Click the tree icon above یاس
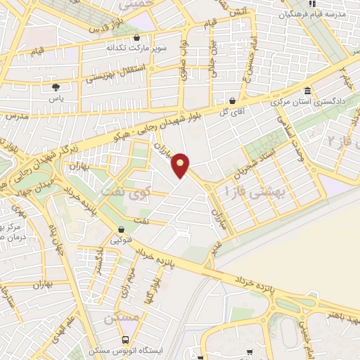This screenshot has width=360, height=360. click(x=55, y=87)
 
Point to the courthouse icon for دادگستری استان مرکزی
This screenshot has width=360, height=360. click(x=308, y=91)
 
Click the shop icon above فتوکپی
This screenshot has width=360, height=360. click(x=121, y=229)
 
